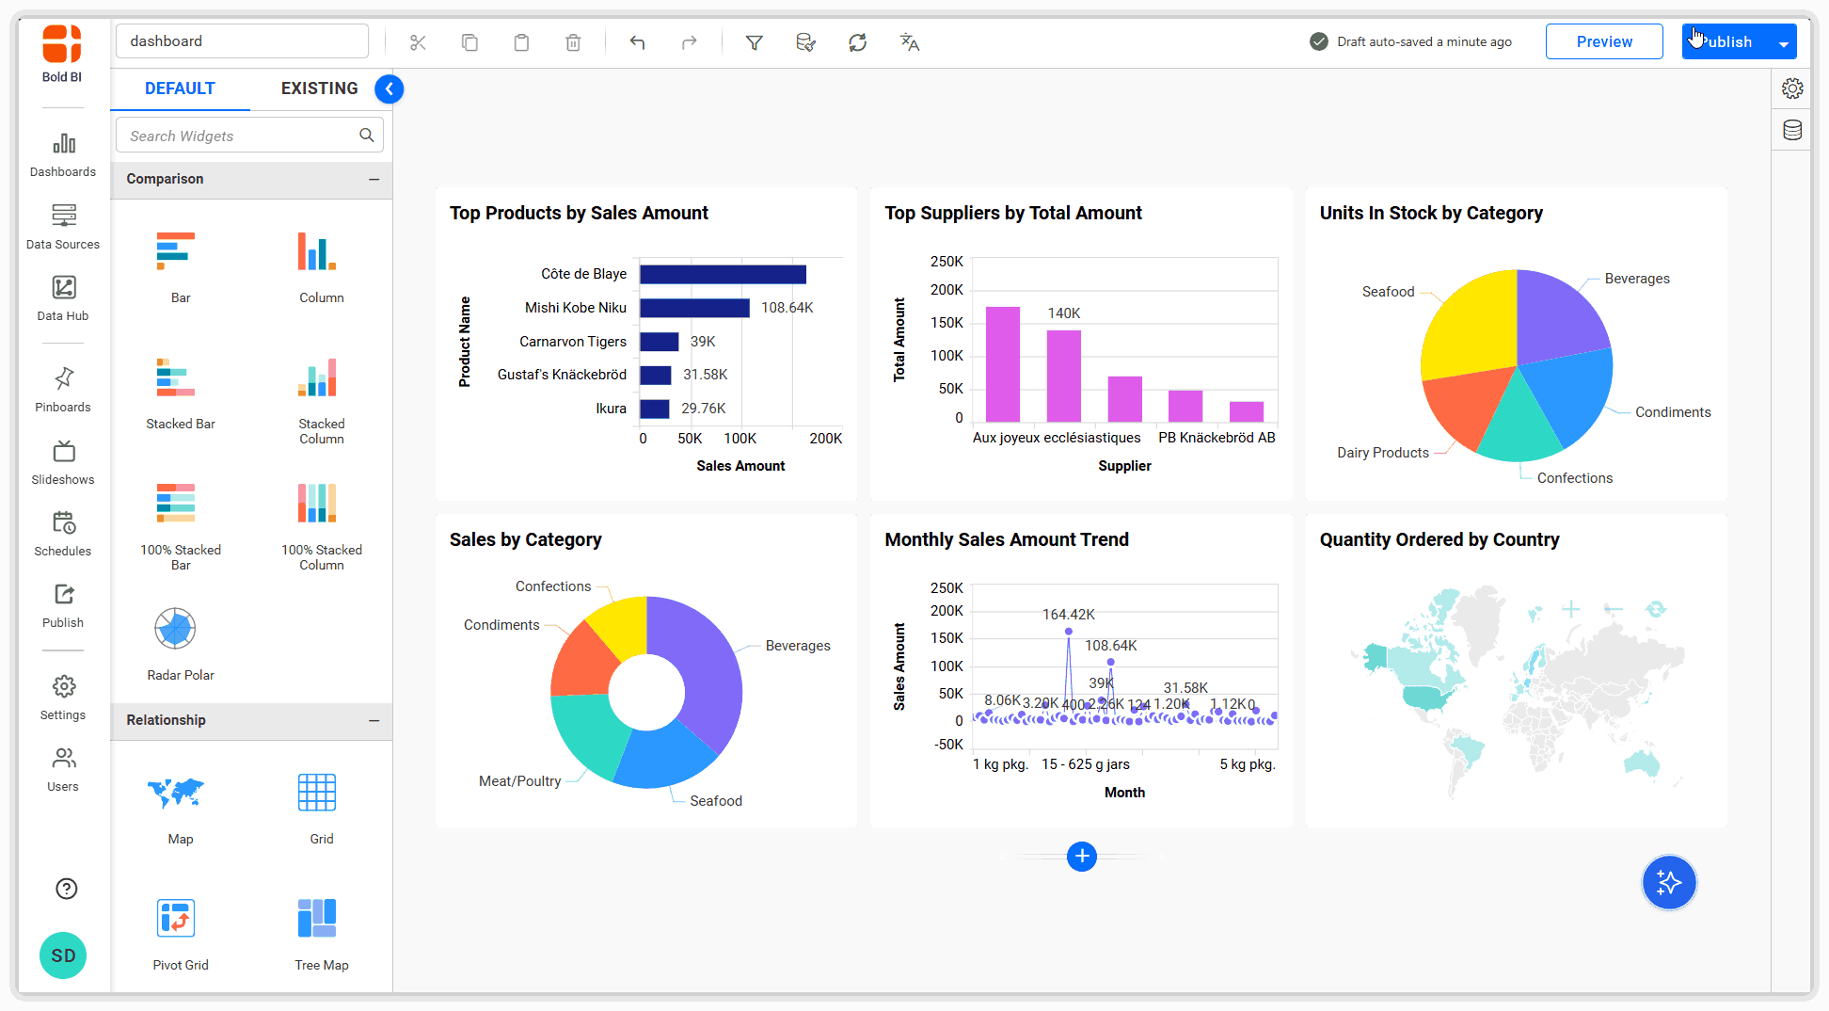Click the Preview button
[1603, 42]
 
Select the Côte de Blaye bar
[723, 274]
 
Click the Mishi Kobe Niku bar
[694, 308]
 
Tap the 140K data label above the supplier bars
[1063, 313]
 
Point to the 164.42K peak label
[1068, 615]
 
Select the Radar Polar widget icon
[175, 629]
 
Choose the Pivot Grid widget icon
[176, 918]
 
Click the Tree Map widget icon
[317, 918]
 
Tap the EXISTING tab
[319, 88]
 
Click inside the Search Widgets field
[240, 136]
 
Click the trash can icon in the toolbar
[573, 42]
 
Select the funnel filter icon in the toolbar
[754, 42]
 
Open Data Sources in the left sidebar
[63, 226]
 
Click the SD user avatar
[63, 955]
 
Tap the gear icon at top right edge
[1792, 88]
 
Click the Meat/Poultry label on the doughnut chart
[519, 781]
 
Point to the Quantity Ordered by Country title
[1439, 539]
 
